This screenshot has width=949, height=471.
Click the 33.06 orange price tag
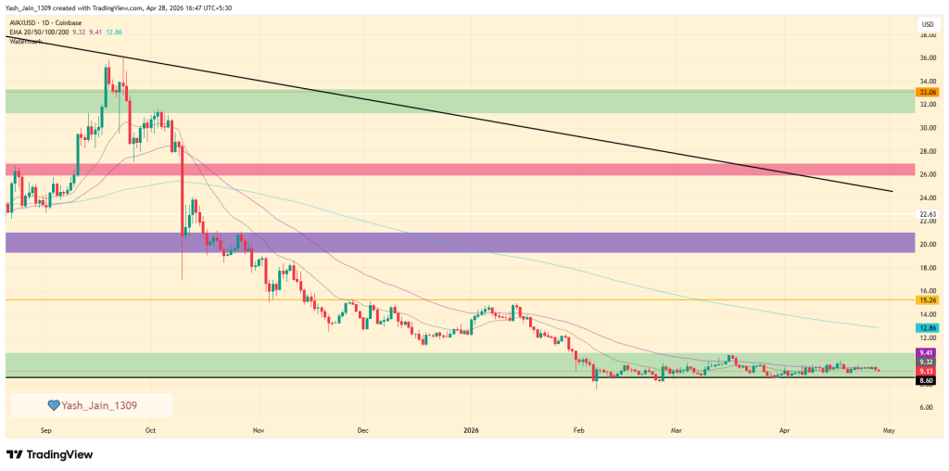pos(927,93)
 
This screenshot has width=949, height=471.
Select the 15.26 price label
pos(927,300)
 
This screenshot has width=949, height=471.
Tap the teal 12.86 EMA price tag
pos(927,328)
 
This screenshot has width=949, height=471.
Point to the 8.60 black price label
pos(927,380)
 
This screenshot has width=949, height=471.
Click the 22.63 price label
pos(927,214)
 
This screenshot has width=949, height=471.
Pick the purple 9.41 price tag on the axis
pos(927,352)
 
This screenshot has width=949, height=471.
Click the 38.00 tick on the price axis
pos(927,35)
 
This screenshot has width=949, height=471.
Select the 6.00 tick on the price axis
pos(927,407)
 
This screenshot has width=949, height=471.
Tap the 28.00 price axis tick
pos(927,151)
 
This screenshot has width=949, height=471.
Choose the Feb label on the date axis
pos(578,430)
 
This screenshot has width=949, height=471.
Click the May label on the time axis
pos(888,430)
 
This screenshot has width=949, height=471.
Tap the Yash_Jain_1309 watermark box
pos(92,405)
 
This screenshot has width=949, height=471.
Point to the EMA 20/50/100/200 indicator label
pos(44,32)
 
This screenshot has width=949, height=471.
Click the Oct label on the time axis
pos(152,430)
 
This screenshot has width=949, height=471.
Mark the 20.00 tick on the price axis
pos(927,245)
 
